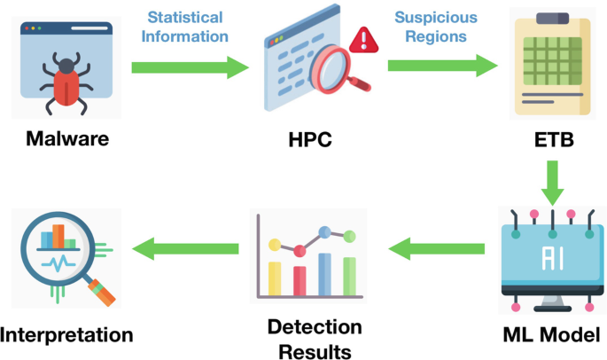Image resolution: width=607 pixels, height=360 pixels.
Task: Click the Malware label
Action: (x=67, y=138)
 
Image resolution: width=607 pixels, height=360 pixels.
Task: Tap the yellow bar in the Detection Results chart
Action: (x=275, y=277)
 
